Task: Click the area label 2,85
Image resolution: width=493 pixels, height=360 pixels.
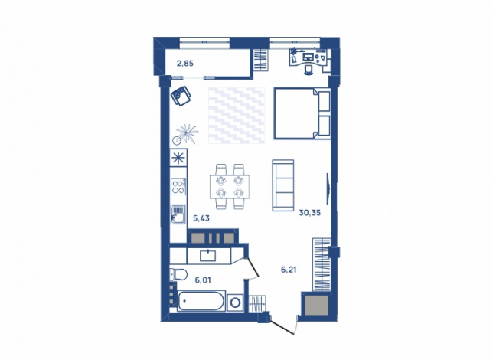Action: click(185, 64)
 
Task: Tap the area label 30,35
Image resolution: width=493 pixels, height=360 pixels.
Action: click(310, 213)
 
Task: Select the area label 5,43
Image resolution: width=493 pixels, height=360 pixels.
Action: click(201, 218)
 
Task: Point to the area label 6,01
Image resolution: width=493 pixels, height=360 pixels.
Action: click(203, 280)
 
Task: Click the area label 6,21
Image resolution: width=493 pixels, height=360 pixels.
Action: click(289, 270)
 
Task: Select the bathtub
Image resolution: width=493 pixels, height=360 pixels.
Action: click(201, 301)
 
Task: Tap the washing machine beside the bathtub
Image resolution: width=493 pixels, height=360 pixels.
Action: click(235, 303)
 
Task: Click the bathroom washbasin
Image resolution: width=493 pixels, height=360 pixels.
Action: click(208, 256)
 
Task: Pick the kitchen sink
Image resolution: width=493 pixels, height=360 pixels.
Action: click(178, 214)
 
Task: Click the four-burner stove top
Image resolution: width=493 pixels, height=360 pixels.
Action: click(178, 186)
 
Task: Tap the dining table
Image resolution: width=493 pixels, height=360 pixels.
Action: click(230, 186)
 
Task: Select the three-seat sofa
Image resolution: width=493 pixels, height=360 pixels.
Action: click(283, 185)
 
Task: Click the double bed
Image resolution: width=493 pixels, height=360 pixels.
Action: click(302, 113)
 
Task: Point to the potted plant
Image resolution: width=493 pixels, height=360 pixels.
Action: click(185, 134)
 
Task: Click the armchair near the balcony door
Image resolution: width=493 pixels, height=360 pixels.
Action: click(181, 96)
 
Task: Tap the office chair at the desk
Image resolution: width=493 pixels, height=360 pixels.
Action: click(309, 70)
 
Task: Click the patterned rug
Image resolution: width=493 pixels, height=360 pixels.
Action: click(237, 116)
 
